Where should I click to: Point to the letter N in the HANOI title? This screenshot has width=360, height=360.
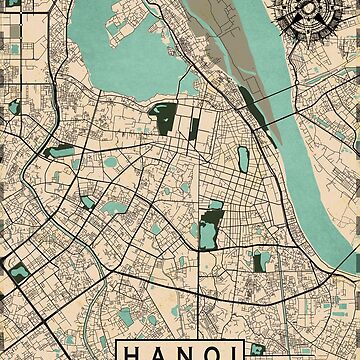point(189,352)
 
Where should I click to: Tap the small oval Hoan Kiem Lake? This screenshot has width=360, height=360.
point(243,158)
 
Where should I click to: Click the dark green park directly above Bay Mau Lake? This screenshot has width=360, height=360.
point(213,211)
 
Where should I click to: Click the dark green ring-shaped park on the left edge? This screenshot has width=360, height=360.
point(16,268)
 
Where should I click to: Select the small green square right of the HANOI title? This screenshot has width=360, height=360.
point(258,349)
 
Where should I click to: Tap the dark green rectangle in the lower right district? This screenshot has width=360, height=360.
point(260,262)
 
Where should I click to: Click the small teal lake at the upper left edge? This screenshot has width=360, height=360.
point(14,106)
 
